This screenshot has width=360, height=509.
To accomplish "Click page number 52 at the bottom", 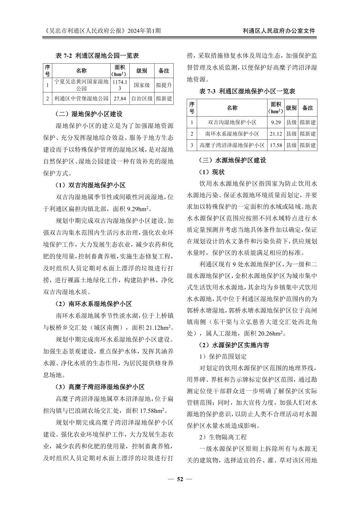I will (180, 479).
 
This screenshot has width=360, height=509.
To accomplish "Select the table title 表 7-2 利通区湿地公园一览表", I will (97, 56).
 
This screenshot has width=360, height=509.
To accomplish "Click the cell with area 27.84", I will (120, 98).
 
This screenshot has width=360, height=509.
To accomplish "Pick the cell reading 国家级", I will (142, 85).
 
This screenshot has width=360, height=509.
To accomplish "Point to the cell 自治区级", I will (142, 98).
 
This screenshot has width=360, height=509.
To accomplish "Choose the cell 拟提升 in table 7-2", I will (164, 85).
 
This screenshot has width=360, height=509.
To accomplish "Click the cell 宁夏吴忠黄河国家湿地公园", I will (81, 85).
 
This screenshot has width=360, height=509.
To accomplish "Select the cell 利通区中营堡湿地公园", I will (81, 98).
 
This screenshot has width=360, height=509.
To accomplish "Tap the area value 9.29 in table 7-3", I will (276, 122).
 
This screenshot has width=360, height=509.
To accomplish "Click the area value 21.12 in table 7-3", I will (276, 134).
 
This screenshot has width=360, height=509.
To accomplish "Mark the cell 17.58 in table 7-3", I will (276, 145).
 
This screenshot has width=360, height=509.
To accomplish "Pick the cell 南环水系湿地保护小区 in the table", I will (232, 134).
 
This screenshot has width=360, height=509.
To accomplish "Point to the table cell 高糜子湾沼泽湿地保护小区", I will (232, 145).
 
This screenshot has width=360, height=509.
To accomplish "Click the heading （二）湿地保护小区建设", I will (89, 114).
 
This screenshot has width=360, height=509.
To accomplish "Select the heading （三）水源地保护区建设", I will (233, 160).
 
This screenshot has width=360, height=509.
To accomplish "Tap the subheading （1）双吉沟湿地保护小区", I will (91, 185).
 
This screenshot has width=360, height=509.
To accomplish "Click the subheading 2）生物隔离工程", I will (223, 437).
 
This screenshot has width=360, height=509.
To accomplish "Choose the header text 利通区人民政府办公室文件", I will (279, 31).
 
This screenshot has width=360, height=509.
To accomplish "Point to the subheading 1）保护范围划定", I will (223, 356).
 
